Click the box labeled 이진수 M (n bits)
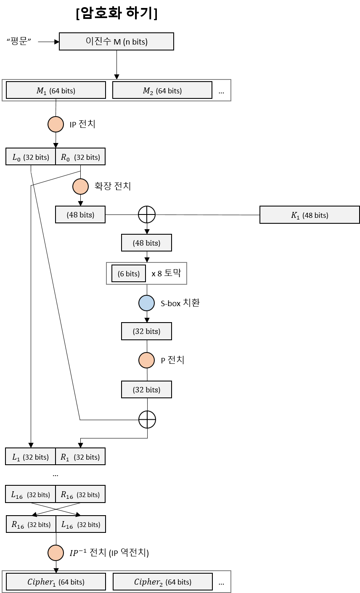pos(116,42)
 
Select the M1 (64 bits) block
pos(56,90)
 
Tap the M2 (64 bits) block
pos(162,90)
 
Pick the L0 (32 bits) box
pos(31,157)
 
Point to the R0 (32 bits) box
pos(80,157)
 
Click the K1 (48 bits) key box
pos(310,215)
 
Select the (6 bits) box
pos(129,274)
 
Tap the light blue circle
pos(147,303)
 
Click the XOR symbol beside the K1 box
pos(147,214)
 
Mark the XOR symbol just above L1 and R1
pos(147,419)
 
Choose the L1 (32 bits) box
pos(30,457)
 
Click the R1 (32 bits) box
pos(80,457)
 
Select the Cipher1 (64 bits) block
pos(56,582)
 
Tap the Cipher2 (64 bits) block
pos(163,582)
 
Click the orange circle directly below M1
pos(56,124)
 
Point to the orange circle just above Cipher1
pos(56,553)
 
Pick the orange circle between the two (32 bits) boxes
pos(147,360)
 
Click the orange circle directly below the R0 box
pos(81,186)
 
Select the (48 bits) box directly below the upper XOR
pos(146,243)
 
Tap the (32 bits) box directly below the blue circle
pos(146,331)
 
